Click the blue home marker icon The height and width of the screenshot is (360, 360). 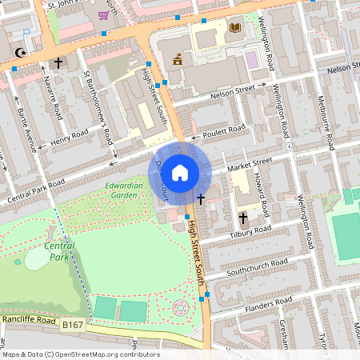click(180, 172)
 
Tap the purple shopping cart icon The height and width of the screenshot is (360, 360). click(104, 14)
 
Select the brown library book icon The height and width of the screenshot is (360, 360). click(234, 28)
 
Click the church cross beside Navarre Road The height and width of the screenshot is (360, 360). click(58, 62)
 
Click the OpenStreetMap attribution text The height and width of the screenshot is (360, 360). click(80, 354)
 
